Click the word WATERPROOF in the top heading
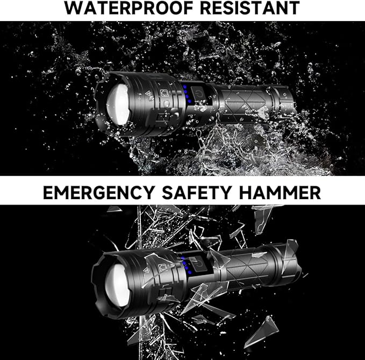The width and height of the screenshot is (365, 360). click(121, 9)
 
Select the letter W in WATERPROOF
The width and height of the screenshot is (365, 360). click(75, 9)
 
